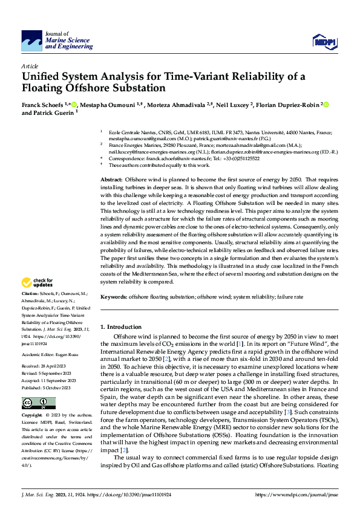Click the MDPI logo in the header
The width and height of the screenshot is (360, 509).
point(324,41)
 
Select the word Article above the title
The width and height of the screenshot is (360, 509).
point(29,65)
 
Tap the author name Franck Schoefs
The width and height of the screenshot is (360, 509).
point(45,105)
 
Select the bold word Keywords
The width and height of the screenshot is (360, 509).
point(114,297)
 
